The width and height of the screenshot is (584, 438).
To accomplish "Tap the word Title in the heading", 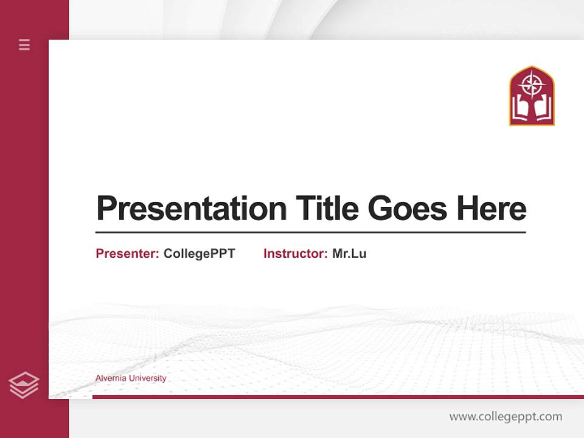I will click(x=327, y=209).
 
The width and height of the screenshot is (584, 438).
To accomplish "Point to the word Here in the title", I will click(x=491, y=209).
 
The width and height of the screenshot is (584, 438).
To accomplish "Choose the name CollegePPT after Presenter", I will click(x=199, y=254).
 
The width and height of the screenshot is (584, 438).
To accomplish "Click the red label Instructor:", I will click(x=296, y=254).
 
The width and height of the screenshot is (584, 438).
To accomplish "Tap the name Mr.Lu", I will click(x=349, y=254).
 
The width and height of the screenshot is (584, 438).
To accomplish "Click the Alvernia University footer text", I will click(x=131, y=378).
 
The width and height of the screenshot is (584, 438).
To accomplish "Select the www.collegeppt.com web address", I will click(x=506, y=417).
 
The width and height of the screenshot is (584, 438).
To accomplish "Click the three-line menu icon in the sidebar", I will click(x=24, y=44).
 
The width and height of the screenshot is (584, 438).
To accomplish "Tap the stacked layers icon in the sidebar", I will click(x=24, y=385).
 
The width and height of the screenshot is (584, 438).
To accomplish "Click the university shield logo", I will click(x=532, y=96).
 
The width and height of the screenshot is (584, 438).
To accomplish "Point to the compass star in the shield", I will click(x=532, y=85).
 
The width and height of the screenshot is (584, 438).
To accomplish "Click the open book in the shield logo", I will click(x=532, y=109).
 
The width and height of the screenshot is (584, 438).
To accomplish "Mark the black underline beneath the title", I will click(x=310, y=232).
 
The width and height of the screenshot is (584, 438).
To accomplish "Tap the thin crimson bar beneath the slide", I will click(x=338, y=397).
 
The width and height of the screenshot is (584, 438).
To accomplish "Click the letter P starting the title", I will click(x=106, y=209).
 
